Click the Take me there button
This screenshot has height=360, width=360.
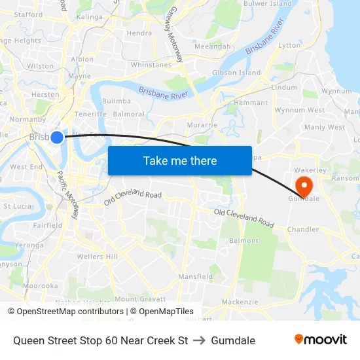pyautogui.click(x=180, y=160)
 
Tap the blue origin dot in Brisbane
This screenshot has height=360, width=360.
pyautogui.click(x=57, y=137)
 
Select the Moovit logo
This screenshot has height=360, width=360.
pyautogui.click(x=321, y=340)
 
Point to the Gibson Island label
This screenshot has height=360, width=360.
pyautogui.click(x=236, y=73)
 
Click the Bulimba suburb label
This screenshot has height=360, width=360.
pyautogui.click(x=117, y=101)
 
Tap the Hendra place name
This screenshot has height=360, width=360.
pyautogui.click(x=139, y=33)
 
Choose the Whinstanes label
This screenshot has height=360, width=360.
pyautogui.click(x=151, y=65)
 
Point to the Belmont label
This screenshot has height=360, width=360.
pyautogui.click(x=243, y=241)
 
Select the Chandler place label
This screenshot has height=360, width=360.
pyautogui.click(x=302, y=230)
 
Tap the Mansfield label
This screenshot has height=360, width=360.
pyautogui.click(x=195, y=277)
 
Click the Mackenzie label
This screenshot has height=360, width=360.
pyautogui.click(x=240, y=302)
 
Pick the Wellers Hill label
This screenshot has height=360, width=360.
pyautogui.click(x=97, y=257)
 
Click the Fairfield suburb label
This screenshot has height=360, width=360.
pyautogui.click(x=47, y=225)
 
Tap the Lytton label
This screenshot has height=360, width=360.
pyautogui.click(x=289, y=45)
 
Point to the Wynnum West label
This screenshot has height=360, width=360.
pyautogui.click(x=298, y=111)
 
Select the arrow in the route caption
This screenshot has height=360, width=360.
pyautogui.click(x=199, y=340)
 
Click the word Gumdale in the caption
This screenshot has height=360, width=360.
pyautogui.click(x=233, y=340)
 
